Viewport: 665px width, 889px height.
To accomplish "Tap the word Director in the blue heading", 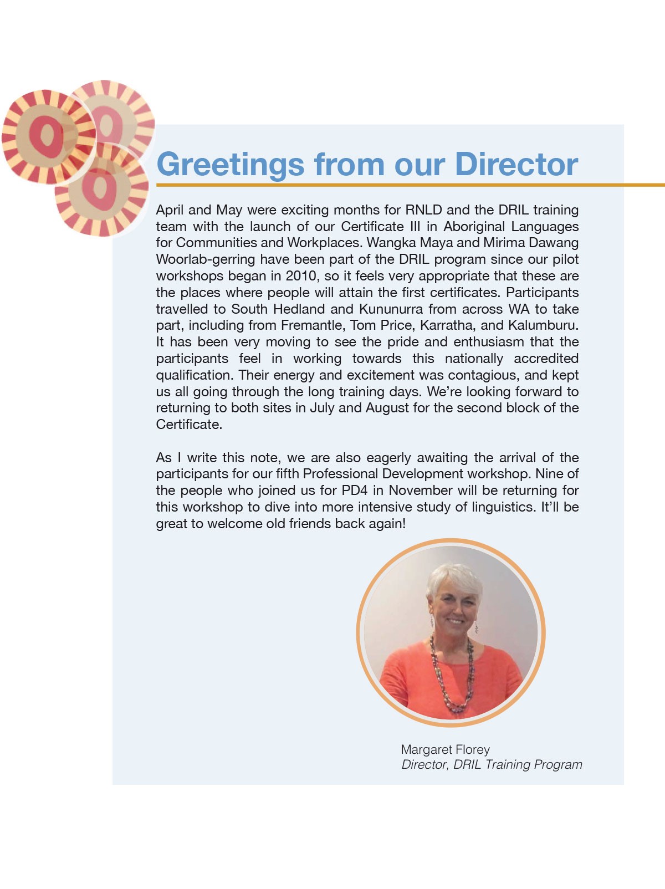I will coord(516,165).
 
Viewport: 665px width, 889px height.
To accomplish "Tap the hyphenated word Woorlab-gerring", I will coord(205,259).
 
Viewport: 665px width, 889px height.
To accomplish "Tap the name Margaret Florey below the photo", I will coord(445,749).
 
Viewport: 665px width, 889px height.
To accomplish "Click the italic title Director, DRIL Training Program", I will coord(492,765).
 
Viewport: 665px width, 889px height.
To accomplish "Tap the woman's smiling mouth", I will coord(456,621).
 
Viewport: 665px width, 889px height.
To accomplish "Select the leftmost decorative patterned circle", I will coord(47,136).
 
